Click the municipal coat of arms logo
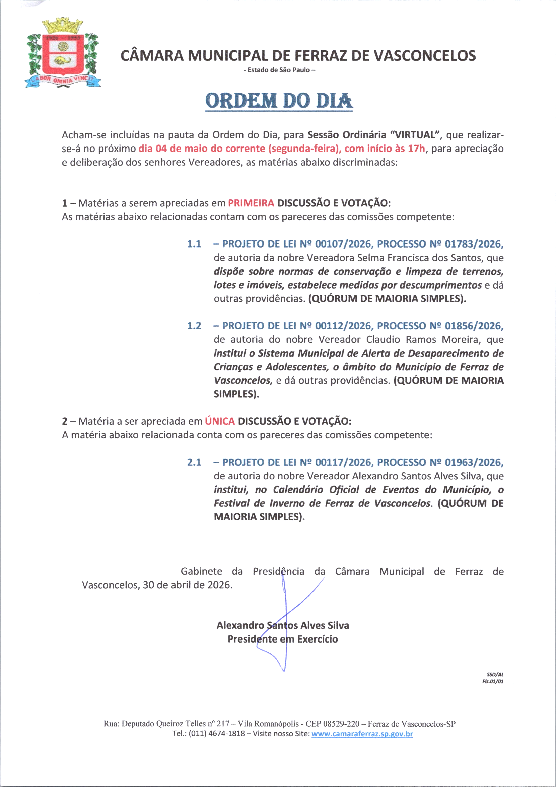[63, 53]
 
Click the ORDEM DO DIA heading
[279, 101]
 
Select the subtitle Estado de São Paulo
[279, 70]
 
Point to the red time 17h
[416, 149]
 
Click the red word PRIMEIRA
[251, 203]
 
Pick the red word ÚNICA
[220, 421]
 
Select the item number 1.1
[194, 244]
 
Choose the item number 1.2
[194, 326]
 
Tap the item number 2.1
[194, 462]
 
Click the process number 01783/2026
[474, 244]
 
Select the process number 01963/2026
[474, 462]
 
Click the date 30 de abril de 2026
[187, 585]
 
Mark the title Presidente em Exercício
[282, 639]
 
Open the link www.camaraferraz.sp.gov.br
[362, 734]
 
